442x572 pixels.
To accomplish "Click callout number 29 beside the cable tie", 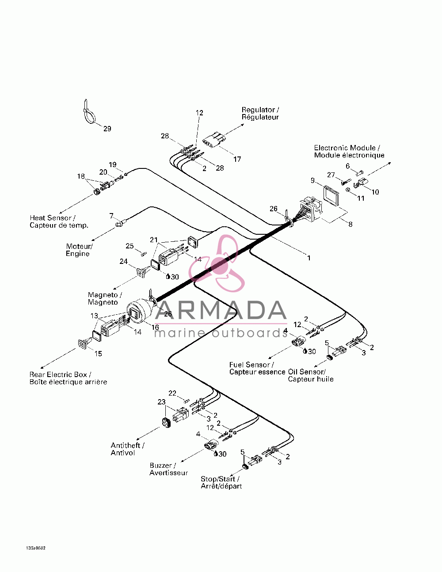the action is (107, 129).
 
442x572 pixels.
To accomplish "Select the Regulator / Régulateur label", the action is (260, 114).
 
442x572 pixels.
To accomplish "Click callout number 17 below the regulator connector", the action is (237, 159).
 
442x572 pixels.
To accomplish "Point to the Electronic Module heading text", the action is (349, 152).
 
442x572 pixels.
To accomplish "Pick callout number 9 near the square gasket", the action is (312, 181).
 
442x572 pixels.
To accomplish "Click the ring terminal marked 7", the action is (119, 224).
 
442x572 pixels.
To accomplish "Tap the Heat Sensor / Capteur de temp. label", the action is (59, 221).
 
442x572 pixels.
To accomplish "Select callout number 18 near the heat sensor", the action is (81, 176).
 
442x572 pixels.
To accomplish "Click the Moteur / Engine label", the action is (79, 250).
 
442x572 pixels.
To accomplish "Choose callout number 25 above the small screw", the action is (130, 246).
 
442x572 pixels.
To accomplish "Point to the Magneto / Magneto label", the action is (105, 298).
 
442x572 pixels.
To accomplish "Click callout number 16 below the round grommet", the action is (155, 327).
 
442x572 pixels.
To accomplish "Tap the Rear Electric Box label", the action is (68, 378).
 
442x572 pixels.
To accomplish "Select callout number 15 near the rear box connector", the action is (98, 354).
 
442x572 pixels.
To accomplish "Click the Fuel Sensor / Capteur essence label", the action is (257, 368).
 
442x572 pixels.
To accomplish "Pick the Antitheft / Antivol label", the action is (128, 449).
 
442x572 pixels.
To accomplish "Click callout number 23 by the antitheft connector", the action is (161, 402).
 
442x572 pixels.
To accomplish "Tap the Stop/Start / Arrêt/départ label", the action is (221, 483).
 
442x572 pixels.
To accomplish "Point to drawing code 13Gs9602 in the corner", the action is (36, 548).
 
